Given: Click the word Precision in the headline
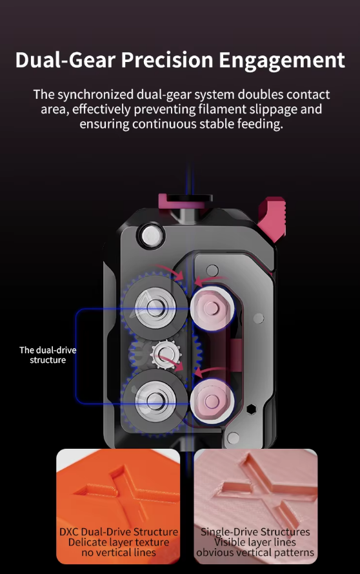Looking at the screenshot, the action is coord(167,60).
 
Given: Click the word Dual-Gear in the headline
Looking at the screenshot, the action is coord(66,60).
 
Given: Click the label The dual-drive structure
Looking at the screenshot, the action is coord(48,354).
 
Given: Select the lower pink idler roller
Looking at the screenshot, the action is coord(212,400).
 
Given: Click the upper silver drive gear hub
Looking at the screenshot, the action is coord(155,306).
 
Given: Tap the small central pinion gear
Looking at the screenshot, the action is coord(165,354).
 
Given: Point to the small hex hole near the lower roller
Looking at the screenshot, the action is coord(251,409).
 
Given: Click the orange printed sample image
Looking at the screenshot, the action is coord(118,506).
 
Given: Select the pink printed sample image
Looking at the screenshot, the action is coord(255,506).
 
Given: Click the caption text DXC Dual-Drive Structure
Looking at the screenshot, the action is coord(119,532).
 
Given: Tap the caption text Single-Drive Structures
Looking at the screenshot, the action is coord(255,532).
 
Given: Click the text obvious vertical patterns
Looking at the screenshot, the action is coord(255,553).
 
